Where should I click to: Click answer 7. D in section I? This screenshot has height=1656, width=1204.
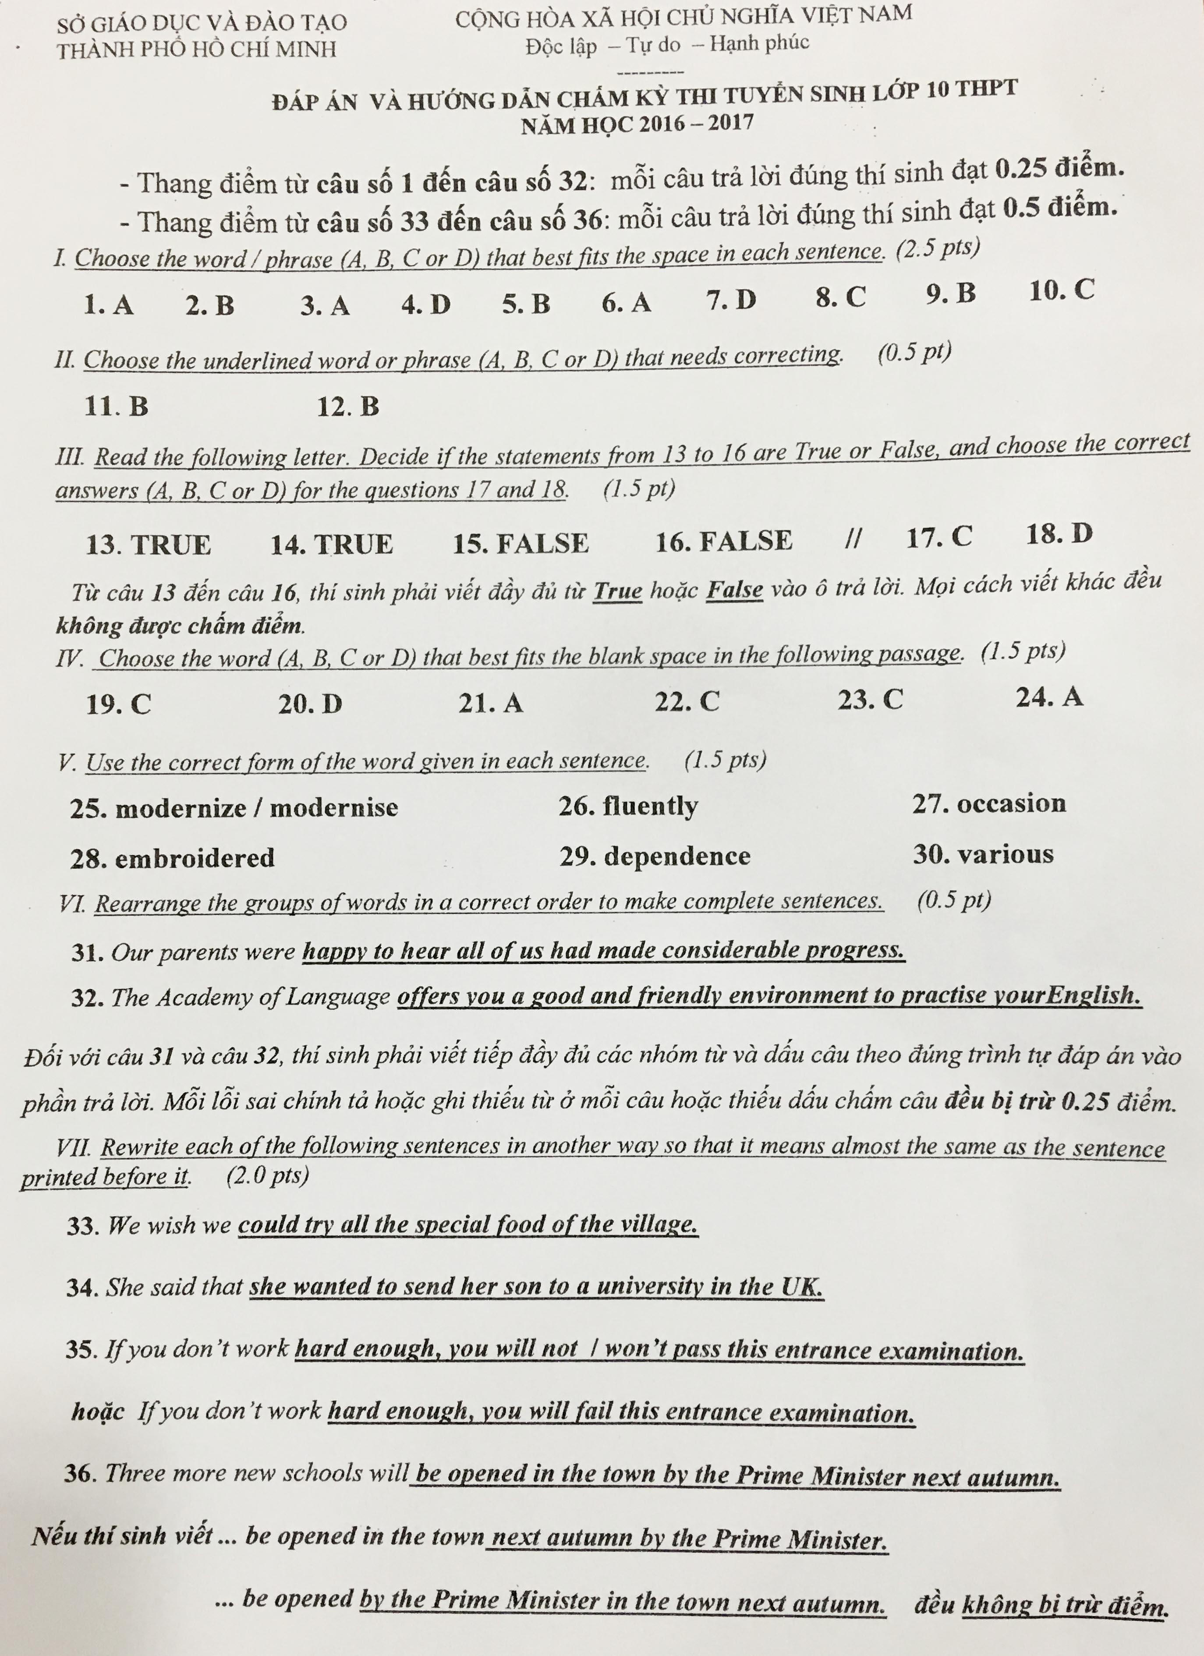tap(731, 300)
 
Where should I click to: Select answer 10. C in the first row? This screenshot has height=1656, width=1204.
tap(1062, 290)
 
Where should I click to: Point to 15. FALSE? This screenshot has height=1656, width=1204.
tap(521, 543)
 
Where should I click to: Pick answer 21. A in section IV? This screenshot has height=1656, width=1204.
tap(491, 702)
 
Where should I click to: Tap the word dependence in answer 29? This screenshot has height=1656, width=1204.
tap(677, 856)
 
